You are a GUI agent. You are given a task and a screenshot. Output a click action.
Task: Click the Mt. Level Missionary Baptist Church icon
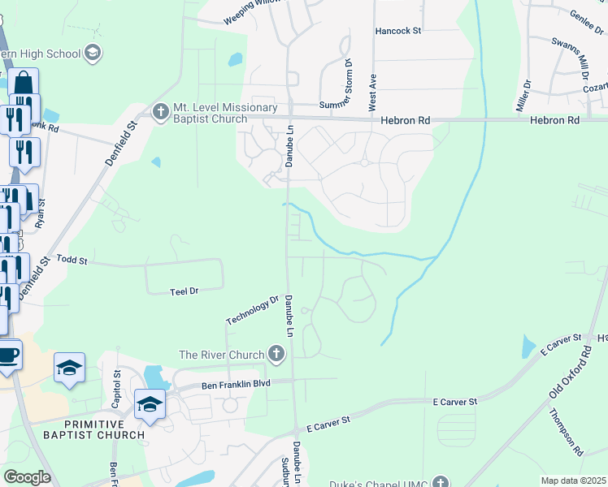pos(160,110)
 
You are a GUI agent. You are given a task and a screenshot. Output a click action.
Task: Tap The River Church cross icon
pos(276,354)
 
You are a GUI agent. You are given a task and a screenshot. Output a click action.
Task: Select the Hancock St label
pos(398,32)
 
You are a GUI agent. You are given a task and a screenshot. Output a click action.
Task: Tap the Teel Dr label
pos(184,291)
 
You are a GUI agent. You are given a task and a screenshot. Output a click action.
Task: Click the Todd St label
pos(72,260)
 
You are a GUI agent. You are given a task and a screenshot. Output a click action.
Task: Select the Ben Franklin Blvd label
pos(235,384)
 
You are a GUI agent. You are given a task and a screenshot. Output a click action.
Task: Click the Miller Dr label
pos(523,95)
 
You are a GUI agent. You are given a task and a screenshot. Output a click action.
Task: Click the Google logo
pos(27,476)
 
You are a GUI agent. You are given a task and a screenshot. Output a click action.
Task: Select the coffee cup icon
pos(8,355)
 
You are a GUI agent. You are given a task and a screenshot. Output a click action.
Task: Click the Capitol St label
pos(117,390)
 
